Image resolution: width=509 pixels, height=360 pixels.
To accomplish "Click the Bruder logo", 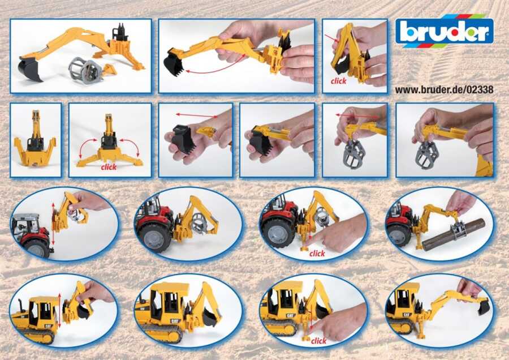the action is click(x=444, y=31).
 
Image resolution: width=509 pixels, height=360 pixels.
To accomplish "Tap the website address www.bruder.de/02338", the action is click(x=444, y=89).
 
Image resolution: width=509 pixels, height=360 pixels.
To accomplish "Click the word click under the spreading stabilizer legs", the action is click(x=109, y=167).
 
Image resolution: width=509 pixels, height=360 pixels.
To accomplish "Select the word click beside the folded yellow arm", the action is click(x=338, y=82).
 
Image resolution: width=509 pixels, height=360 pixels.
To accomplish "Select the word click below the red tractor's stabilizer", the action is click(x=317, y=254).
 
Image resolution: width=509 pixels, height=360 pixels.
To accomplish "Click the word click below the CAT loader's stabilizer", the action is click(x=318, y=341).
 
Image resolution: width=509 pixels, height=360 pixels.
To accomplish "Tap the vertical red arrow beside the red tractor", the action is click(x=53, y=224).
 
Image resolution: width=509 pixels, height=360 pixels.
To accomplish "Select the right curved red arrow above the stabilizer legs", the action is click(x=130, y=148).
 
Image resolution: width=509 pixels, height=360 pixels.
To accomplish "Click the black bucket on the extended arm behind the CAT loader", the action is click(x=483, y=307).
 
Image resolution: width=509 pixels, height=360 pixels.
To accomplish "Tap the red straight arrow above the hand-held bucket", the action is click(x=197, y=115).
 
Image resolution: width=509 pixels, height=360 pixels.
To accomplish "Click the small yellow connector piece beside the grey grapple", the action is click(x=110, y=69).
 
